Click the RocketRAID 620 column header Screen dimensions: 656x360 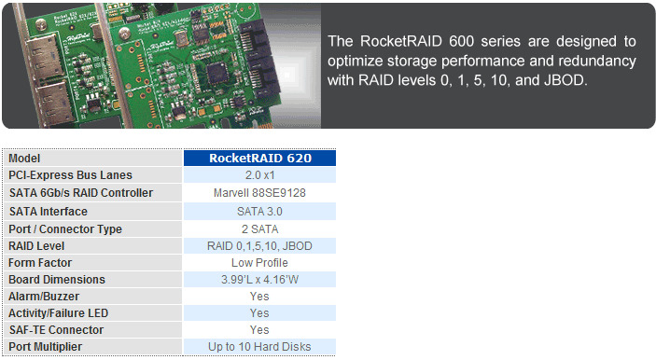click(x=259, y=158)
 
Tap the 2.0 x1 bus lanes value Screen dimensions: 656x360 click(x=259, y=175)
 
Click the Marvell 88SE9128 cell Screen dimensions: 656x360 click(x=259, y=193)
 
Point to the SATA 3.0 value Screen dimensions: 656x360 click(x=259, y=211)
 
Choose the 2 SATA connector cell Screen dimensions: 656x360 click(x=259, y=228)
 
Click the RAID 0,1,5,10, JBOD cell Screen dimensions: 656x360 click(x=259, y=245)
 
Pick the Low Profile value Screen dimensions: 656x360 click(x=259, y=263)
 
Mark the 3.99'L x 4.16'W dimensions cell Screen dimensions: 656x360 click(x=259, y=280)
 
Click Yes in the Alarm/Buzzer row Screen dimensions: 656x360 click(x=259, y=297)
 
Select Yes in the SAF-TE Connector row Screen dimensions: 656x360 click(x=259, y=330)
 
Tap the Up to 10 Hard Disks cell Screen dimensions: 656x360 click(x=259, y=347)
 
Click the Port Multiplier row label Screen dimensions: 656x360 click(x=46, y=347)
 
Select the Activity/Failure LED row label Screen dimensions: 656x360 click(x=59, y=313)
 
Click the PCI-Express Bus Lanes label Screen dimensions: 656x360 click(x=70, y=175)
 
